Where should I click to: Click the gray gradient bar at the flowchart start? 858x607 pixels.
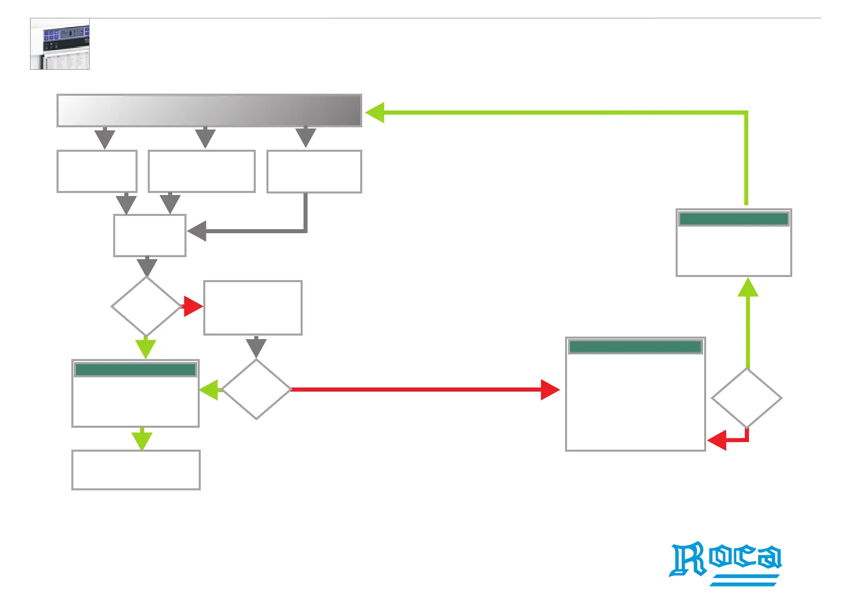pos(209,111)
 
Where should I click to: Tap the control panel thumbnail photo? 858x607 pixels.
pos(60,44)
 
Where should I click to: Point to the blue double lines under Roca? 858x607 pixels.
pos(745,580)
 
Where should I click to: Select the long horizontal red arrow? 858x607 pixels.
pos(418,390)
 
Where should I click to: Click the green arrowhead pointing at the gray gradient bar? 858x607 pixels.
pos(375,113)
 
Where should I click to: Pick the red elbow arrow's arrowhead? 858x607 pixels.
pos(717,440)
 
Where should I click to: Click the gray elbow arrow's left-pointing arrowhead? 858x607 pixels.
pos(197,231)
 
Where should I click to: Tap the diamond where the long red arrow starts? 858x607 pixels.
pos(256,390)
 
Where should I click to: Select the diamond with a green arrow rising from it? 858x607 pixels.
pos(746,398)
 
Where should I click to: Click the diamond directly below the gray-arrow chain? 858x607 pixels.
pos(146,307)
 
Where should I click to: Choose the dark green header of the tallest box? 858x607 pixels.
pos(635,347)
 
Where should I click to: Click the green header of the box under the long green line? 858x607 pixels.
pos(734,219)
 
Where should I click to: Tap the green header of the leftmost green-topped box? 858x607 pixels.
pos(135,370)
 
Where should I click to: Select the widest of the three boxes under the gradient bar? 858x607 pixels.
pos(202,171)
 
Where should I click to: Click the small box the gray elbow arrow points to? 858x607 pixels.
pos(150,235)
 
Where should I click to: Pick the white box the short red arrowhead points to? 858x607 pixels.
pos(253,308)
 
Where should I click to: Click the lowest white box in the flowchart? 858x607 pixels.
pos(136,470)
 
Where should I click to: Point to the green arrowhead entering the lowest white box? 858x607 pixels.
pos(142,440)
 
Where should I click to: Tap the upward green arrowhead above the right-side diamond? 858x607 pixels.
pos(748,288)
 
